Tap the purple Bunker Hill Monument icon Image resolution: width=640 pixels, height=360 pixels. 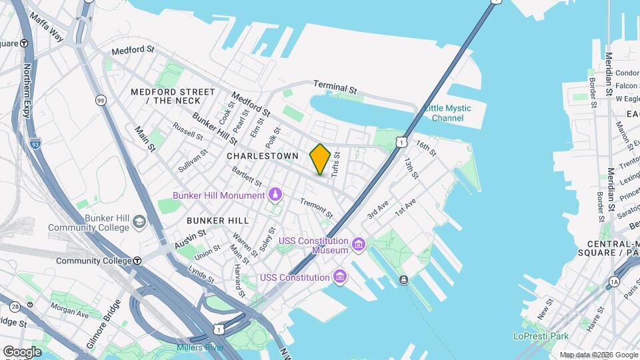pyautogui.click(x=275, y=195)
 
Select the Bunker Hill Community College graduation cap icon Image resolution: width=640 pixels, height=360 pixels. pyautogui.click(x=139, y=221)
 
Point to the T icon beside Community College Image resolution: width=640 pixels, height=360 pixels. pyautogui.click(x=137, y=261)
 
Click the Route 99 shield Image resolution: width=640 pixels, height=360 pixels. pyautogui.click(x=101, y=100)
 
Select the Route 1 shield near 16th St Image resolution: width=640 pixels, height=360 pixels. pyautogui.click(x=400, y=141)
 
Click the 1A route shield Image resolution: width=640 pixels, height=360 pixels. pyautogui.click(x=613, y=282)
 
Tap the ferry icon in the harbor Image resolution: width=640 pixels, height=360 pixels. pyautogui.click(x=403, y=279)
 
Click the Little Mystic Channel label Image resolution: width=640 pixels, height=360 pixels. pyautogui.click(x=447, y=113)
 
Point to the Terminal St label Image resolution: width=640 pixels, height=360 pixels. pyautogui.click(x=335, y=87)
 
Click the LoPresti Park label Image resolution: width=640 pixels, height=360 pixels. pyautogui.click(x=541, y=337)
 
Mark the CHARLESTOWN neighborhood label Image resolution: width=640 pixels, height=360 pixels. pyautogui.click(x=262, y=155)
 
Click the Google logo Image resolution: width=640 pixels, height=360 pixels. pyautogui.click(x=22, y=351)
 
